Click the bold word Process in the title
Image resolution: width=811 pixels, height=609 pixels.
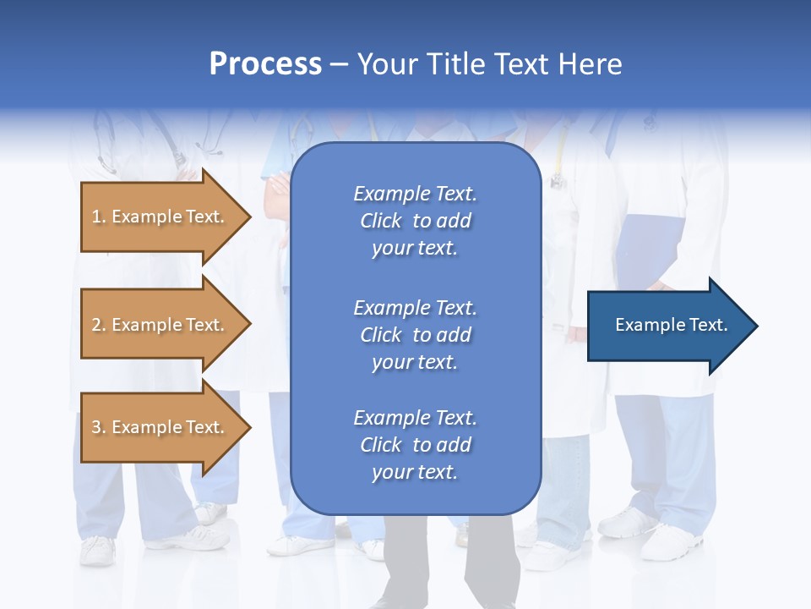click(265, 64)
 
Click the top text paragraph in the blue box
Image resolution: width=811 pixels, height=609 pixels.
click(415, 221)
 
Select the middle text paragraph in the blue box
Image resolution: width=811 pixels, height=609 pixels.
click(415, 335)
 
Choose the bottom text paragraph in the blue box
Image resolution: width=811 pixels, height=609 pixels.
click(415, 445)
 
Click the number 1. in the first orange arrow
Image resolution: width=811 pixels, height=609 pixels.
click(99, 217)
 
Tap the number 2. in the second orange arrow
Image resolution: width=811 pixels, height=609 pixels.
click(99, 326)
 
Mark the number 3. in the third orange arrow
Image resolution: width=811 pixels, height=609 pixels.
click(99, 428)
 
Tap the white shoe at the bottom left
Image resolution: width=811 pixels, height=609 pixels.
click(96, 551)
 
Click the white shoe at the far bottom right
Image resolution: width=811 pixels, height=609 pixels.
click(672, 542)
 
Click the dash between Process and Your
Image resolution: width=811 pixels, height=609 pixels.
click(339, 65)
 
